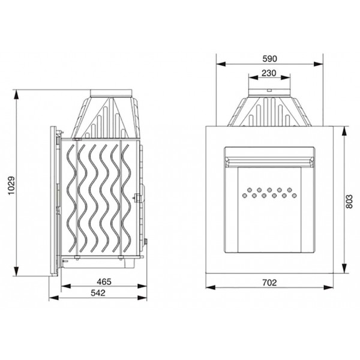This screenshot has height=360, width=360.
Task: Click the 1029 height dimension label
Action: click(x=11, y=185)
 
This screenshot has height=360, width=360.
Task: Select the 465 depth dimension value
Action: click(x=104, y=281)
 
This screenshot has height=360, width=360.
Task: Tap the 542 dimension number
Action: click(x=98, y=293)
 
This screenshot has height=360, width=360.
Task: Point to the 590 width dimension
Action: click(x=270, y=59)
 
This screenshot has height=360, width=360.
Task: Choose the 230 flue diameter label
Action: click(x=269, y=73)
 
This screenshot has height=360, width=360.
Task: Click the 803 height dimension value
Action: click(x=349, y=202)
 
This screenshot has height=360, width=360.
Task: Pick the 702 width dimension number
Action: click(x=269, y=283)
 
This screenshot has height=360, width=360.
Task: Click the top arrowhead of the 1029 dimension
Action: click(x=16, y=94)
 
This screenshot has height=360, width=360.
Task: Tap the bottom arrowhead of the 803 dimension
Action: click(x=344, y=268)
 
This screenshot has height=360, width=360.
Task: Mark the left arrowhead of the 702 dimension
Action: click(x=211, y=287)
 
